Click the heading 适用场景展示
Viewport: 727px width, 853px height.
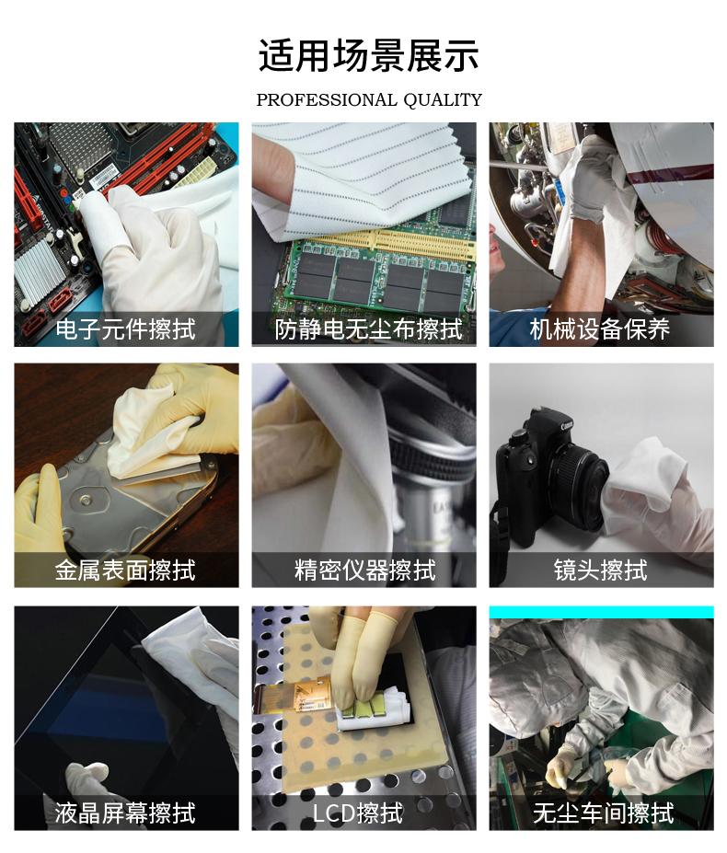[368, 55]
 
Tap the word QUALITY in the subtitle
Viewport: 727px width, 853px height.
[443, 100]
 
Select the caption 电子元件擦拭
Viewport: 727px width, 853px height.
[126, 329]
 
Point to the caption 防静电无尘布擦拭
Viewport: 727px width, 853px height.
[369, 329]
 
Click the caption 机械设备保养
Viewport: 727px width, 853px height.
[600, 329]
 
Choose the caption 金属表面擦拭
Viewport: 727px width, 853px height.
[125, 571]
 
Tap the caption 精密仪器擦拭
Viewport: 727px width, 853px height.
[365, 571]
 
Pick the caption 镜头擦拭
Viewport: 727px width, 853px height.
[601, 571]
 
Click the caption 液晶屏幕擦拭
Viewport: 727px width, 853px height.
[125, 813]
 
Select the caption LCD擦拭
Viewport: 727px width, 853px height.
[358, 813]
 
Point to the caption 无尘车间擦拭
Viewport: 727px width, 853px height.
[604, 813]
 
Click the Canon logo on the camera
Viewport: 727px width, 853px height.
[567, 425]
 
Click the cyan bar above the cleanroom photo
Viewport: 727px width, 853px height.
[601, 613]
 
